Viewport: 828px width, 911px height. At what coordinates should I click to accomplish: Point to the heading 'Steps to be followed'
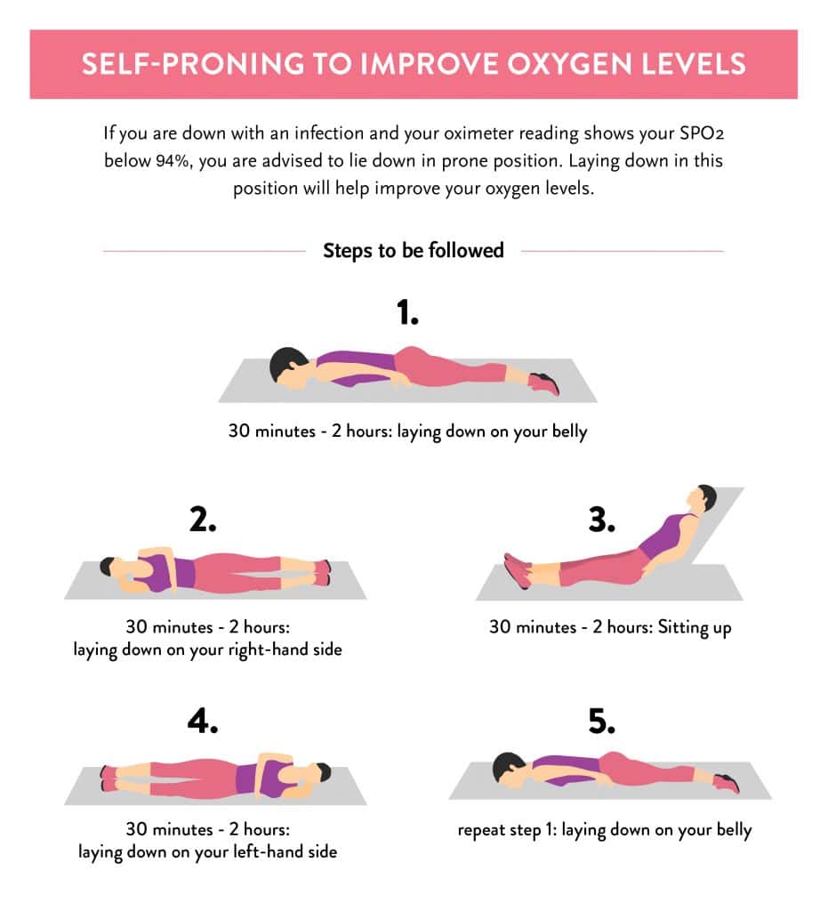pyautogui.click(x=413, y=251)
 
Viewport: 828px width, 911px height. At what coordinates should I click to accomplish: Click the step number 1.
pyautogui.click(x=407, y=313)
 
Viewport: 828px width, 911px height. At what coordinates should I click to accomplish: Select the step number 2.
pyautogui.click(x=203, y=520)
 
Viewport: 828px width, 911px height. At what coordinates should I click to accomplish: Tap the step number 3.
pyautogui.click(x=601, y=520)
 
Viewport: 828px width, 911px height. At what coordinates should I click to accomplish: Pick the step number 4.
pyautogui.click(x=203, y=722)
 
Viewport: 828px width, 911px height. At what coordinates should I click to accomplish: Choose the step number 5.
pyautogui.click(x=602, y=722)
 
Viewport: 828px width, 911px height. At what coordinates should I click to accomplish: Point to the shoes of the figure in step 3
pyautogui.click(x=516, y=570)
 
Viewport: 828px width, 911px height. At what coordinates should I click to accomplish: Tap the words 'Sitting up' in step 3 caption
pyautogui.click(x=693, y=627)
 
